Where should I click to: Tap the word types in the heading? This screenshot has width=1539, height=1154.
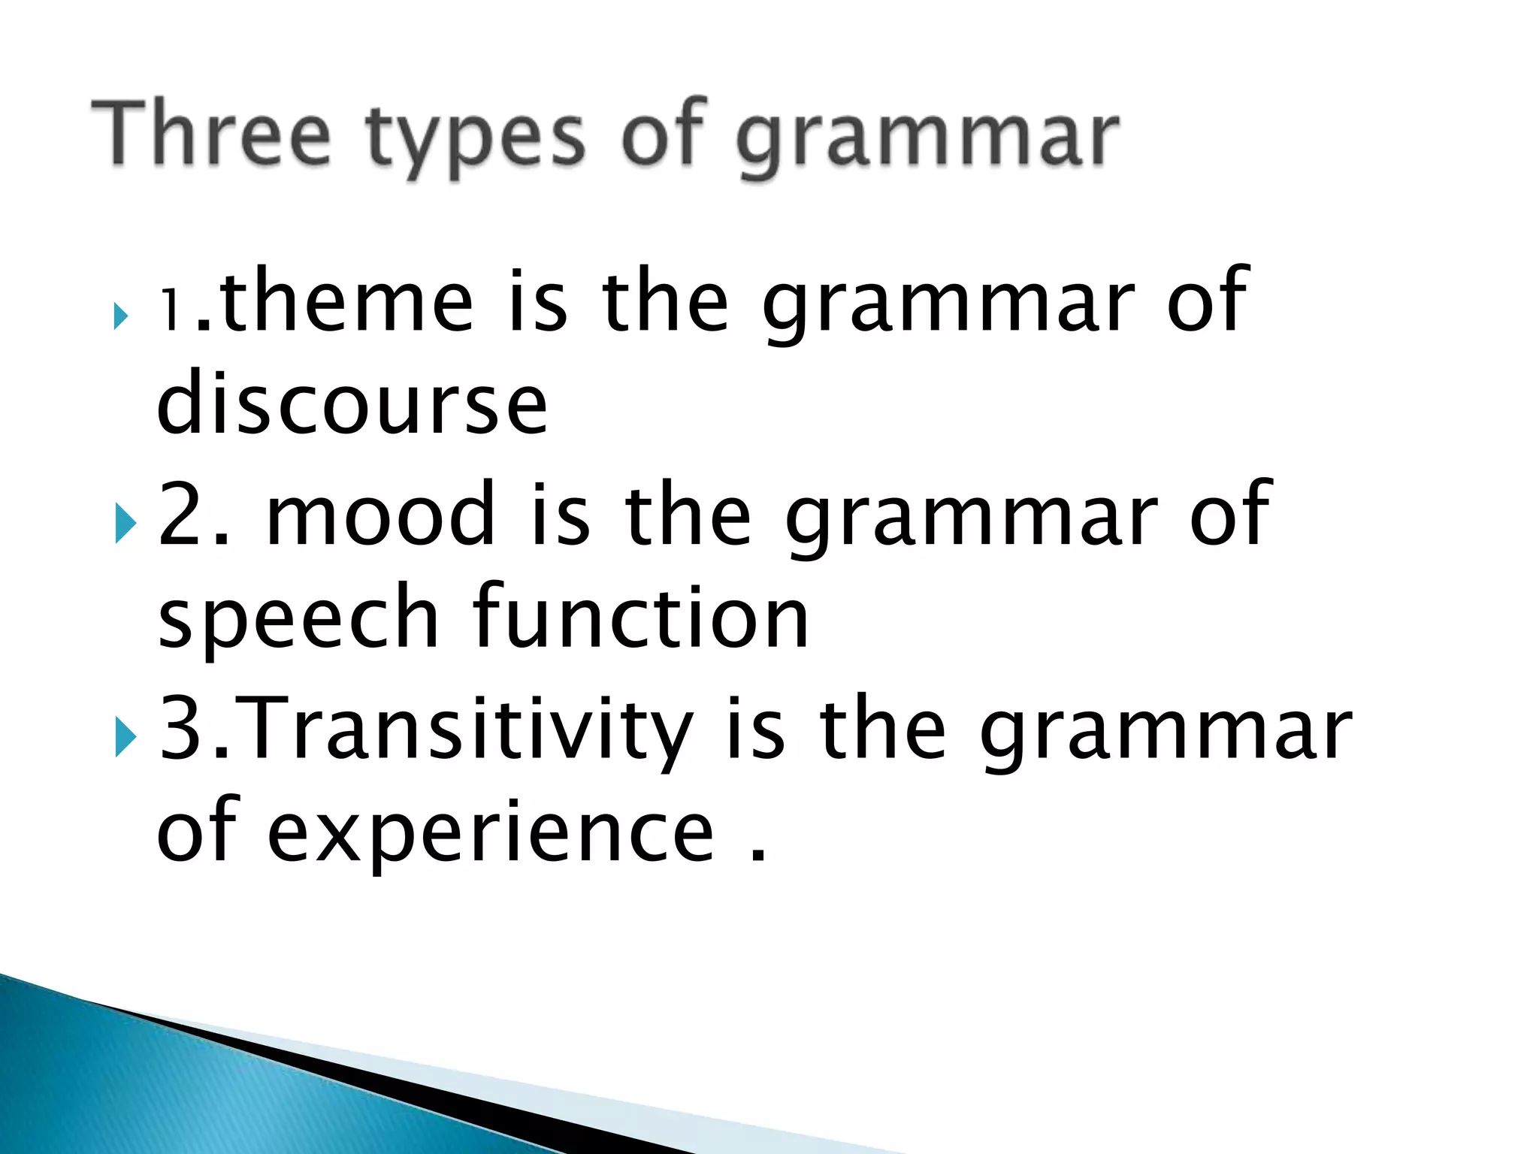[x=475, y=140]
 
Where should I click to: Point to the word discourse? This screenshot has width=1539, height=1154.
[x=352, y=404]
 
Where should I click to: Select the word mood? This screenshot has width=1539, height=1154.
[x=382, y=514]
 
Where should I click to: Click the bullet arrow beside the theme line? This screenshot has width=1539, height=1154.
[x=120, y=316]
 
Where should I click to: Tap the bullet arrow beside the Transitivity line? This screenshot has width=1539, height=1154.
[x=125, y=737]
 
